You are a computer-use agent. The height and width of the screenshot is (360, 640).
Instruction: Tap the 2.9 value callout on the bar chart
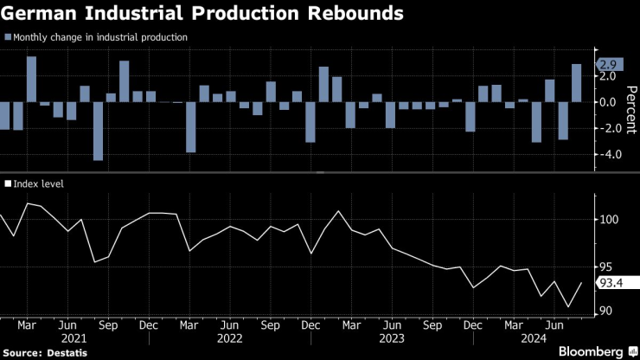[608, 65]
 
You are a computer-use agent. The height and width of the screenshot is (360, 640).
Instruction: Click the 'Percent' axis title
[630, 108]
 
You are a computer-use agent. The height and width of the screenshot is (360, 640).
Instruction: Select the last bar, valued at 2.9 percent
[576, 83]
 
